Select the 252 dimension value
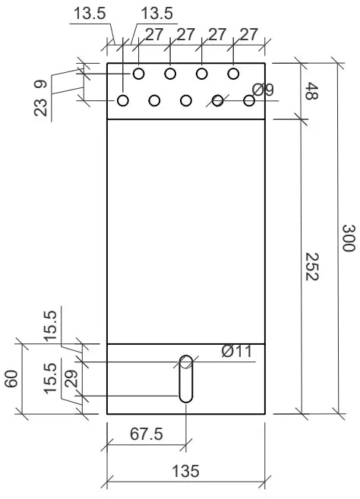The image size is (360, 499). pyautogui.click(x=311, y=267)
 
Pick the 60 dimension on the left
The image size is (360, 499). pyautogui.click(x=11, y=379)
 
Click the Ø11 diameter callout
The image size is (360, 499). pyautogui.click(x=236, y=351)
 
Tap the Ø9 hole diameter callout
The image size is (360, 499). pyautogui.click(x=263, y=90)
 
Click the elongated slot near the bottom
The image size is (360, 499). pyautogui.click(x=186, y=378)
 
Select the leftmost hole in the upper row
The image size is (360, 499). pyautogui.click(x=139, y=73)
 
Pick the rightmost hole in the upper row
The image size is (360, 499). pyautogui.click(x=233, y=73)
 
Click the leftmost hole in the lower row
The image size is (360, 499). pyautogui.click(x=123, y=100)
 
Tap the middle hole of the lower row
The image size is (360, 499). pyautogui.click(x=186, y=100)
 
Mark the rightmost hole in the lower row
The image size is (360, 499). pyautogui.click(x=249, y=100)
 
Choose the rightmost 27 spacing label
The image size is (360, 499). pyautogui.click(x=248, y=34)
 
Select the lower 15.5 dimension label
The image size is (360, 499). pyautogui.click(x=49, y=377)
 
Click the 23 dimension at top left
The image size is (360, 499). pyautogui.click(x=40, y=106)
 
